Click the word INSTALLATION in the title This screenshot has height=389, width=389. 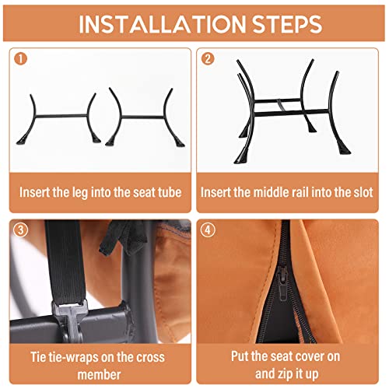click(162, 24)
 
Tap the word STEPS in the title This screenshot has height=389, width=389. click(287, 24)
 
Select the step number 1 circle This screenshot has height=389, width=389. click(20, 58)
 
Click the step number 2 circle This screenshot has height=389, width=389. click(208, 58)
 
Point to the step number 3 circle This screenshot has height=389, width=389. click(20, 230)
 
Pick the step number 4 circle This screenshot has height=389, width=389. click(208, 230)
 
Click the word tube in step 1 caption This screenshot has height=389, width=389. click(170, 192)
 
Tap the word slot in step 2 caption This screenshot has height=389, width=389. click(363, 192)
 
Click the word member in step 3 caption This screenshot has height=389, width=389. click(100, 375)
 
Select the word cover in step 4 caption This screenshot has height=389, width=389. click(311, 356)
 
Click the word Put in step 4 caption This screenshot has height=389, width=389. click(240, 356)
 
